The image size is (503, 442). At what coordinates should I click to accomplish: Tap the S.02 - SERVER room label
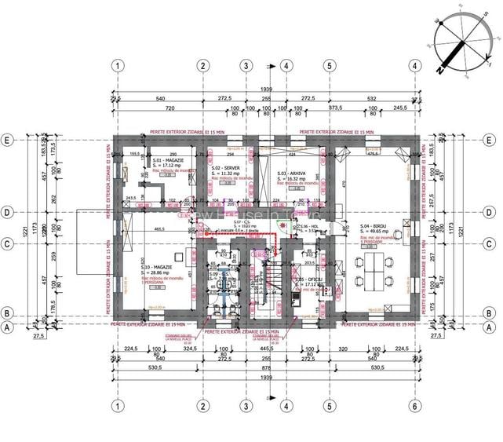point(227,169)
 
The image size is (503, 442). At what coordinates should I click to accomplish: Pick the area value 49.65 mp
point(380,232)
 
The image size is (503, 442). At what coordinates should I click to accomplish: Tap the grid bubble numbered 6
point(414,406)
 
